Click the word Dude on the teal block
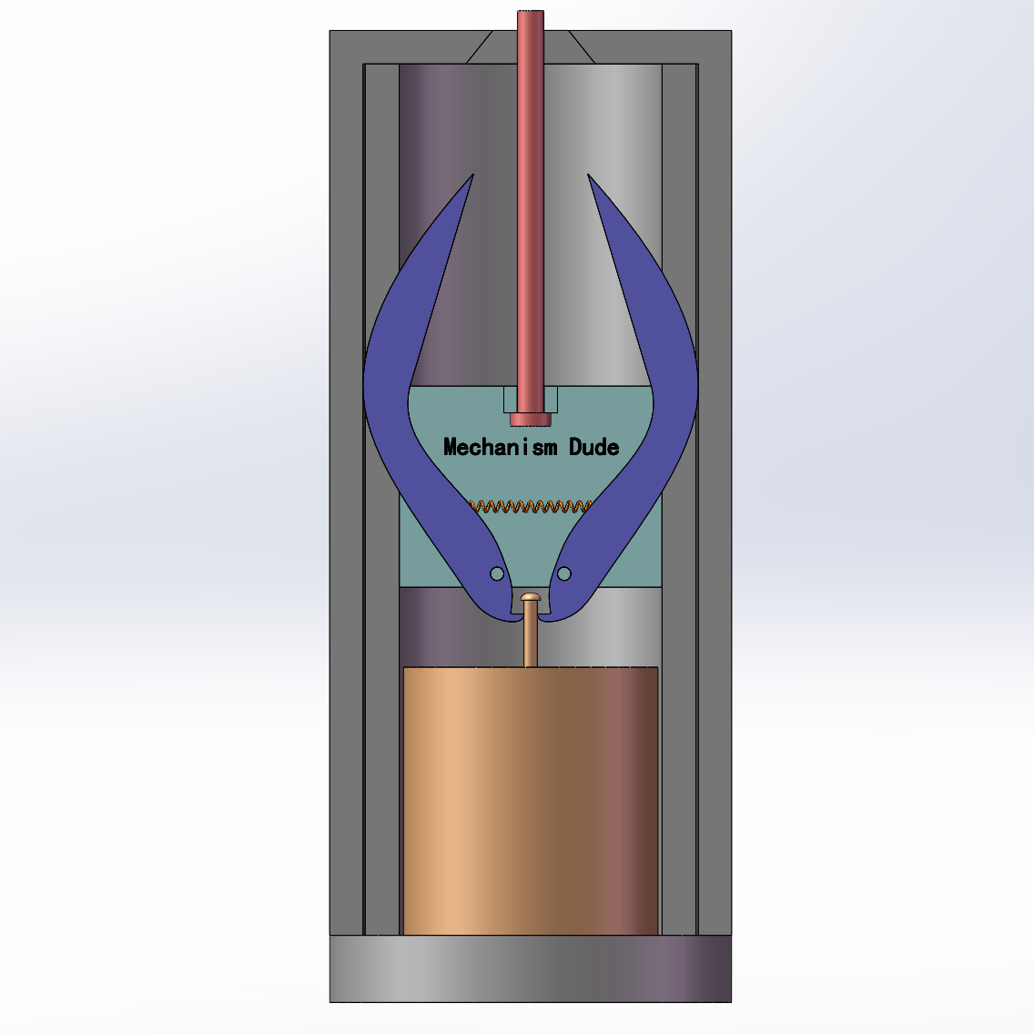[594, 447]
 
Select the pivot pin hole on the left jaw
[497, 573]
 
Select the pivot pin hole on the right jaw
[564, 573]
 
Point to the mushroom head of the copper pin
[531, 597]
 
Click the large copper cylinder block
[530, 801]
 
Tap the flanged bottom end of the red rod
[531, 420]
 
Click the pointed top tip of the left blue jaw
[472, 177]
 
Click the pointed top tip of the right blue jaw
[590, 177]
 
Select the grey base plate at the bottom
[530, 968]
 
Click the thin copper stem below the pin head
[531, 637]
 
